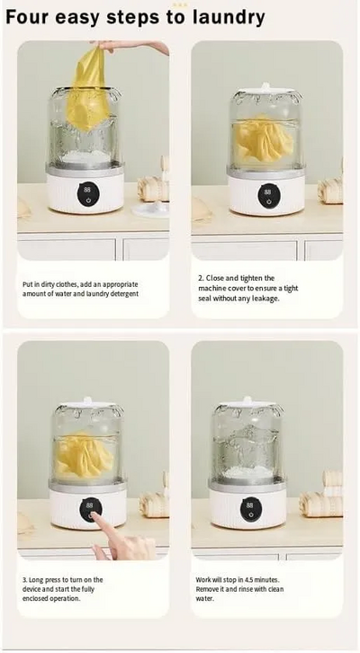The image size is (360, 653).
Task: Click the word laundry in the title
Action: click(x=229, y=18)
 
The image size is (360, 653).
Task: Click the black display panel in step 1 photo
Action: click(x=86, y=194)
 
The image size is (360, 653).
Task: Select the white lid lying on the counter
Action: click(x=150, y=209)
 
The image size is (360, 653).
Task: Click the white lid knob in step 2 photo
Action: click(x=265, y=85)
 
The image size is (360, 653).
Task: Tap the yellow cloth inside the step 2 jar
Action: click(x=263, y=139)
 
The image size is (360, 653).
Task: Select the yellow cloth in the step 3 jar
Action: click(x=84, y=456)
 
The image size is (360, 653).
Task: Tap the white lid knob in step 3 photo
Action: click(x=87, y=400)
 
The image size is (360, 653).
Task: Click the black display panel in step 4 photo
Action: click(x=249, y=509)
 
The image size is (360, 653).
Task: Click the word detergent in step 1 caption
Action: click(x=124, y=294)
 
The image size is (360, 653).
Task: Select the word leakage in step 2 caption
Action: click(x=265, y=299)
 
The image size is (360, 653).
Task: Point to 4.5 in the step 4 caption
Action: click(x=250, y=580)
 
